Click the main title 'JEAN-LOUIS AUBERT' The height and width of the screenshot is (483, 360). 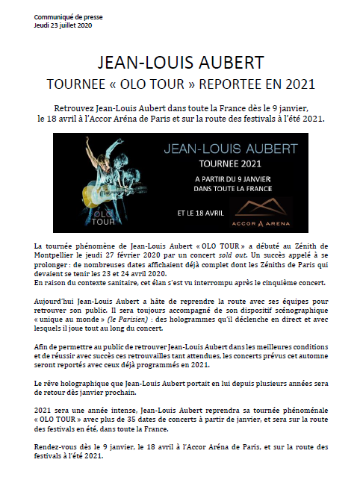179,60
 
